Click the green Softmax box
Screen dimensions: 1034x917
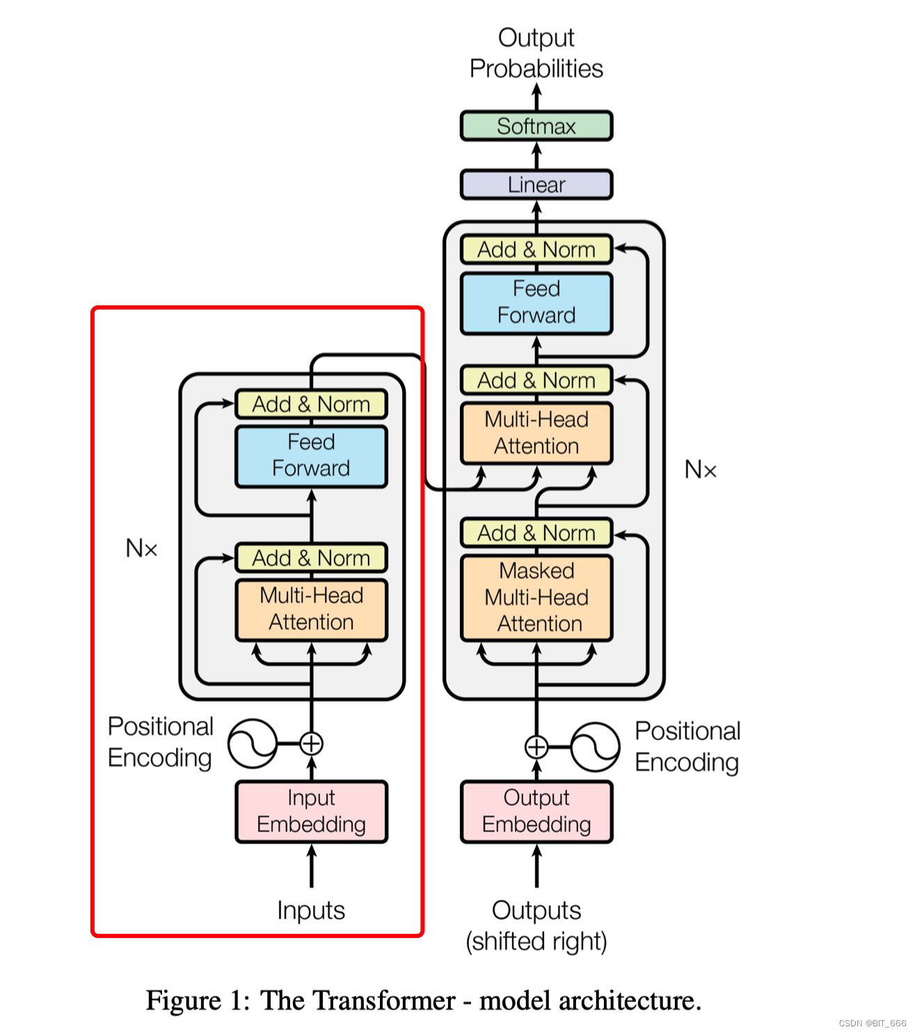[x=536, y=126]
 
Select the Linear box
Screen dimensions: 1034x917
[x=536, y=184]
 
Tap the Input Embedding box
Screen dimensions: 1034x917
[x=311, y=811]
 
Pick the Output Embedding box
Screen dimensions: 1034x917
[x=536, y=811]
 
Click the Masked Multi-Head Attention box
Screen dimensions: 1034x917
[x=536, y=598]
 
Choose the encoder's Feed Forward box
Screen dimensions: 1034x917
[x=311, y=456]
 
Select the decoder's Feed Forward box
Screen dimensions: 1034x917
[x=536, y=303]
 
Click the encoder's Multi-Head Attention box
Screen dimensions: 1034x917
[x=311, y=609]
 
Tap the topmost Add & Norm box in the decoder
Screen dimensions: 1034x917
[x=536, y=249]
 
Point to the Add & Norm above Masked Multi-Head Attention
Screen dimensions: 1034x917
[x=536, y=533]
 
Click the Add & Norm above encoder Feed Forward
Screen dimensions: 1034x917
[x=311, y=404]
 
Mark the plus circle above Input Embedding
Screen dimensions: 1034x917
[x=311, y=743]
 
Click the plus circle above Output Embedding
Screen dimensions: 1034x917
[x=536, y=747]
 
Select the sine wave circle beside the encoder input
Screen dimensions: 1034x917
[x=253, y=743]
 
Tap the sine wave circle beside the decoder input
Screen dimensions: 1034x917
[x=595, y=747]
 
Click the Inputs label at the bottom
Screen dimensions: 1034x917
[x=311, y=910]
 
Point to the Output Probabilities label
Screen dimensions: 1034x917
[x=536, y=53]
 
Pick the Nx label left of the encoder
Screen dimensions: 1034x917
[x=141, y=548]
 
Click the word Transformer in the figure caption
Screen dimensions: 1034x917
[x=358, y=1001]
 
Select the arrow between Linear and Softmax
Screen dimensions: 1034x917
[x=536, y=155]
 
